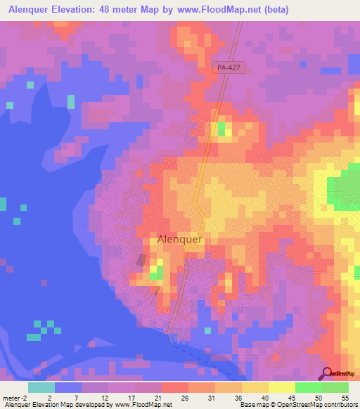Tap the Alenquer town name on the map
pyautogui.click(x=180, y=239)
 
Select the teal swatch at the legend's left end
pyautogui.click(x=41, y=387)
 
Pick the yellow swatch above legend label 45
pyautogui.click(x=281, y=387)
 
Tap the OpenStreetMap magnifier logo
pyautogui.click(x=328, y=372)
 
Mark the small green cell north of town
pyautogui.click(x=221, y=129)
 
